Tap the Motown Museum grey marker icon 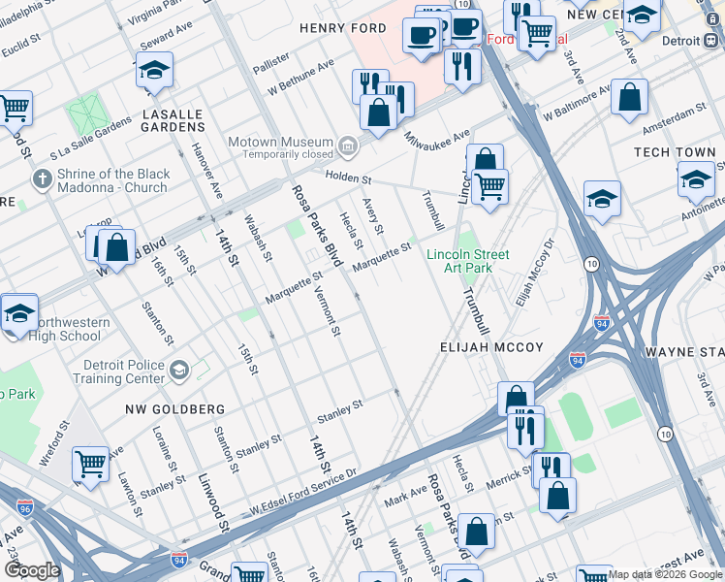(x=347, y=148)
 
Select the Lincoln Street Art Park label (x=468, y=261)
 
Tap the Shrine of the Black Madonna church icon (x=41, y=179)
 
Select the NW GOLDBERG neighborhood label (x=175, y=409)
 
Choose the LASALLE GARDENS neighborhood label (x=173, y=120)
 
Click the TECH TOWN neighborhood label (x=675, y=153)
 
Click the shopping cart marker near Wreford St (x=91, y=464)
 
